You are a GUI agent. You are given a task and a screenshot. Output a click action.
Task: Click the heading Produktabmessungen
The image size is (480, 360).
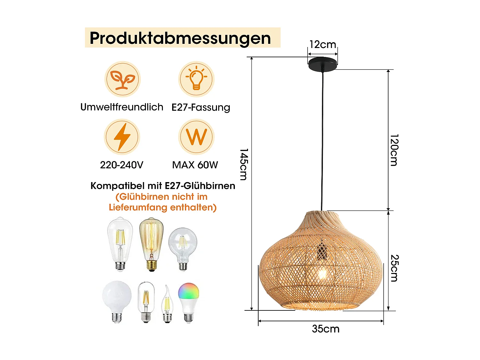[x=180, y=38]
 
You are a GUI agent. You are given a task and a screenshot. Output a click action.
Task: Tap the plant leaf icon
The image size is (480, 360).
[x=123, y=79]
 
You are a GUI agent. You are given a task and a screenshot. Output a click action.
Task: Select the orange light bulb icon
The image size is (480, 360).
[x=196, y=79]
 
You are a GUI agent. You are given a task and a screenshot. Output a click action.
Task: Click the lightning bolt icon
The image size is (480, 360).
[x=122, y=137]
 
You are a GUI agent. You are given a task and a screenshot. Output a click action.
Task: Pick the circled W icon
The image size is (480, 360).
[x=196, y=137]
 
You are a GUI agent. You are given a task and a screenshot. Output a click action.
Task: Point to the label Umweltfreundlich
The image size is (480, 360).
[x=122, y=107]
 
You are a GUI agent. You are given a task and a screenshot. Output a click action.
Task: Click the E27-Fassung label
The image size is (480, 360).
[x=201, y=108]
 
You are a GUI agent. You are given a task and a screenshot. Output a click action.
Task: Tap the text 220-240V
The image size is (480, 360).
[x=122, y=165]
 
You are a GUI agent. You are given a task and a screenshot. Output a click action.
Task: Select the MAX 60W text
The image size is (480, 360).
[x=195, y=165]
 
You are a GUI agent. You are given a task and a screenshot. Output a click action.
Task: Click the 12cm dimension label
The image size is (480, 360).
[x=323, y=44]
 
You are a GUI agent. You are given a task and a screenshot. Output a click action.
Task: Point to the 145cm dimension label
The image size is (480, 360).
[x=244, y=164]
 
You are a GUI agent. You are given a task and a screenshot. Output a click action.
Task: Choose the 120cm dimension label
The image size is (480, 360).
[x=394, y=150]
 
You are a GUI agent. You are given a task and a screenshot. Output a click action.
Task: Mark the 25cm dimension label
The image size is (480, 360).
[x=395, y=268]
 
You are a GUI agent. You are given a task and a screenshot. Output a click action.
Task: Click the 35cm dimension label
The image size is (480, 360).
[x=326, y=329]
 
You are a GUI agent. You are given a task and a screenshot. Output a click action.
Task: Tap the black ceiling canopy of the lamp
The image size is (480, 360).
[x=323, y=63]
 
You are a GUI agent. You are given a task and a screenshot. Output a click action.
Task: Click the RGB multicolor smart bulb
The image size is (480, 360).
[x=188, y=303]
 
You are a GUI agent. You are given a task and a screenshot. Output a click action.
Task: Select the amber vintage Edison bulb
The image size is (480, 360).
[x=151, y=244]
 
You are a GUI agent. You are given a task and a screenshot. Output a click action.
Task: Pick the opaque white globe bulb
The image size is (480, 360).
[x=117, y=302]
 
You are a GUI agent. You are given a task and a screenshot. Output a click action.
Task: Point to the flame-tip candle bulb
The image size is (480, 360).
[x=167, y=304]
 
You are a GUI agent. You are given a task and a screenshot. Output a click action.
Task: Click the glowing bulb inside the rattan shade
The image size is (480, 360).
[x=322, y=274]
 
